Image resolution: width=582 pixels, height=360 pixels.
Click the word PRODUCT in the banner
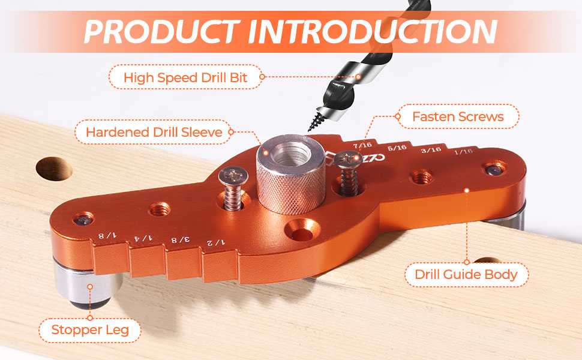click(x=162, y=32)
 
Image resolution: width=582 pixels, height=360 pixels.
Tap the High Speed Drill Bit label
click(x=185, y=77)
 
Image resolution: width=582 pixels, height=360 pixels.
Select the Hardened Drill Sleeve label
click(x=154, y=132)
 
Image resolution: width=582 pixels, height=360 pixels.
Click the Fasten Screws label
click(x=458, y=116)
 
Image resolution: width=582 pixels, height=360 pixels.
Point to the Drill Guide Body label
click(x=466, y=274)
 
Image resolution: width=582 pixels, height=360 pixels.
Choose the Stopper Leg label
click(x=90, y=329)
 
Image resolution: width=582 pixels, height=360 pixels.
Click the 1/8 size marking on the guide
click(x=107, y=235)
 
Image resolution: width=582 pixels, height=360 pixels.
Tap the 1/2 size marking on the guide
click(x=215, y=242)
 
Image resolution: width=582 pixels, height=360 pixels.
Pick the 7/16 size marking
click(x=362, y=145)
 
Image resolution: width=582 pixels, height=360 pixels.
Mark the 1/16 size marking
click(x=463, y=151)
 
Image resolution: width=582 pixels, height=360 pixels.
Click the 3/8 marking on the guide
click(x=180, y=240)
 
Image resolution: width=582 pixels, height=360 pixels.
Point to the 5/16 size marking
click(x=397, y=148)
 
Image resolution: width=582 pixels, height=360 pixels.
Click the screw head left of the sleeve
click(x=233, y=176)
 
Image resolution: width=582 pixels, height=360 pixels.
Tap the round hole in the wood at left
click(x=54, y=169)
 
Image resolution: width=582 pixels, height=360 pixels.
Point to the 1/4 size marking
click(x=143, y=238)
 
